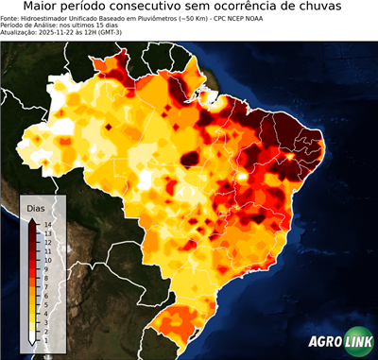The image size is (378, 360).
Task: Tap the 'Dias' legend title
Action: point(36,208)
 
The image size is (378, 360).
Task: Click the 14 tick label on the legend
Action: point(46,224)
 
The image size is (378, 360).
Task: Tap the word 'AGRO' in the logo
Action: point(325,342)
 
